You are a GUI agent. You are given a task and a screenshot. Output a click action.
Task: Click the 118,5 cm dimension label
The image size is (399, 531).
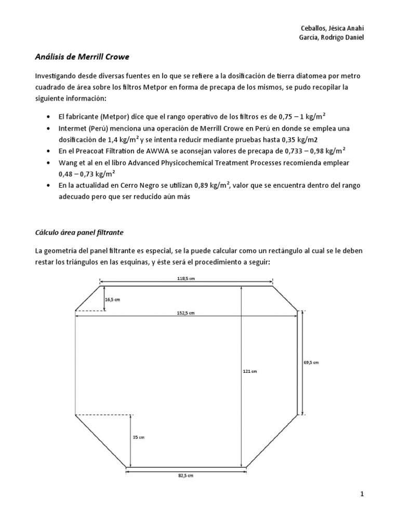point(186,278)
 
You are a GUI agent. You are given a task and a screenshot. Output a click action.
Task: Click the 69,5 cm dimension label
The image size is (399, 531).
point(311,362)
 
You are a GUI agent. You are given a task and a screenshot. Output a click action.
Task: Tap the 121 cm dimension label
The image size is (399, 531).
point(250,371)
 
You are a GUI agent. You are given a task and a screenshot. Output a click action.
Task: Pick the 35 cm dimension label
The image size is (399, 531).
point(138,437)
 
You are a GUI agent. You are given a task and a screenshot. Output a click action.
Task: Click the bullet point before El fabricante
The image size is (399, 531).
point(48,116)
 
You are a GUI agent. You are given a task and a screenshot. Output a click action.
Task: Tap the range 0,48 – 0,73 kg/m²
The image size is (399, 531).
point(86,174)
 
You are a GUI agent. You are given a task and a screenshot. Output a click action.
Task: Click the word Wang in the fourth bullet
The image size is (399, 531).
point(68,163)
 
